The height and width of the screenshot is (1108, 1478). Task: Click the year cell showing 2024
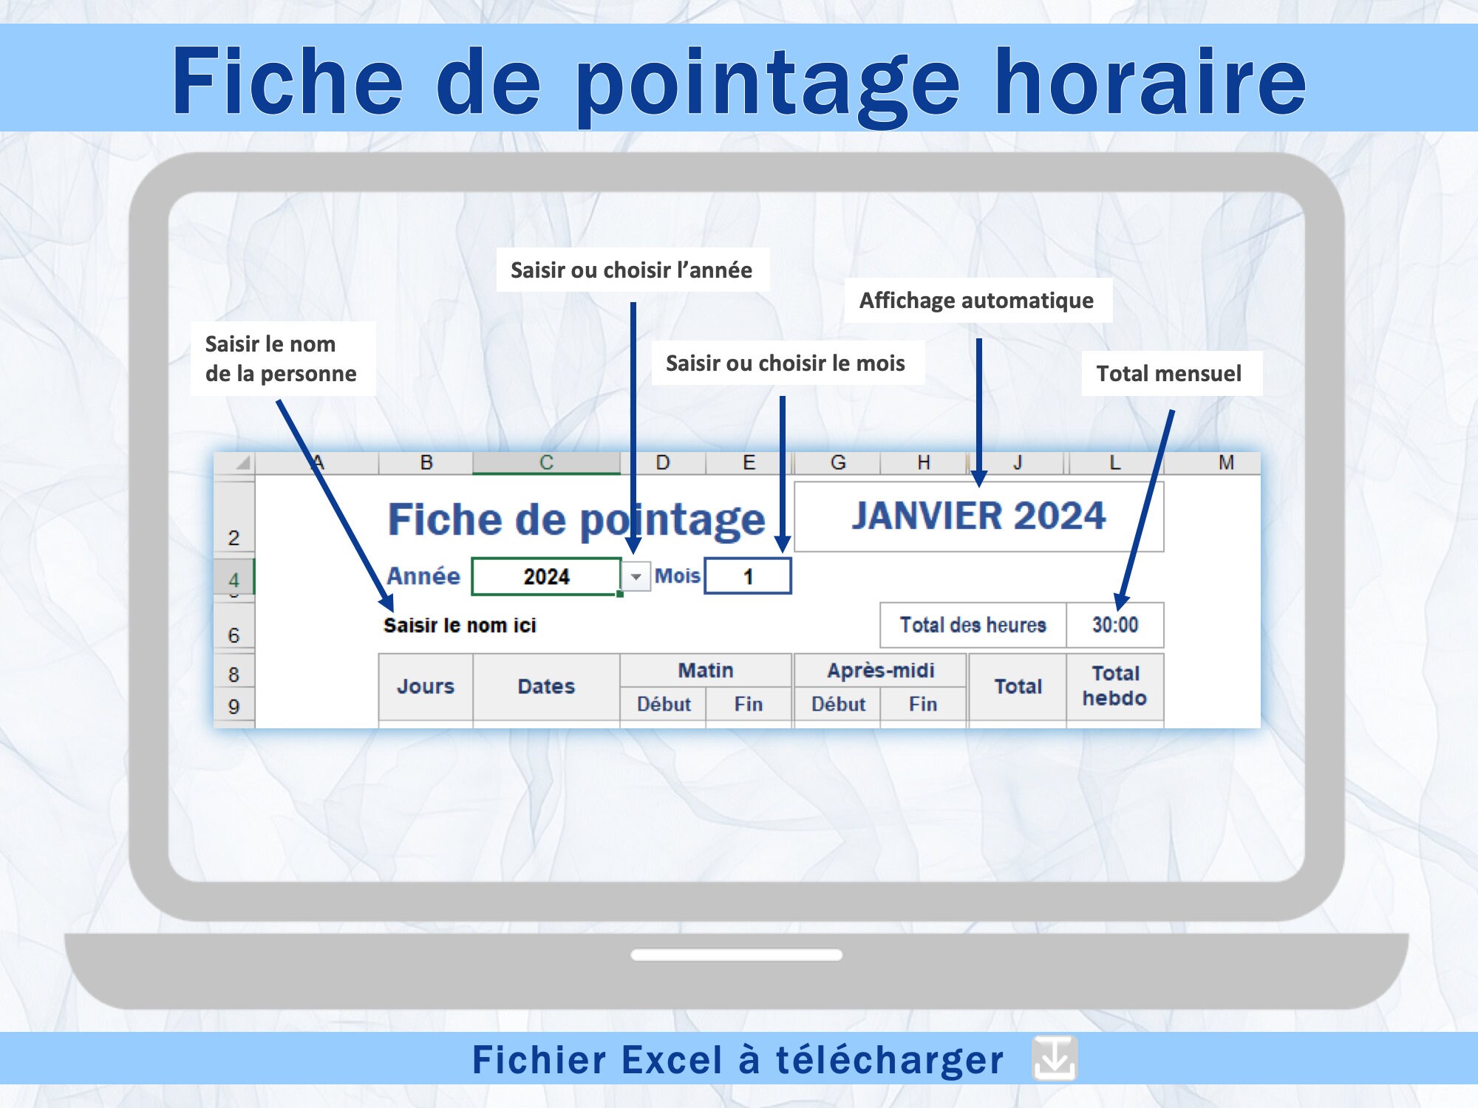click(x=546, y=576)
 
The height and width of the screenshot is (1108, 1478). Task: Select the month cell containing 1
click(x=748, y=576)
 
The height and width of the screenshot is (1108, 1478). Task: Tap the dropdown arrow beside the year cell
click(x=636, y=577)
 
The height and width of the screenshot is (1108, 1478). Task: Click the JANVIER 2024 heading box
click(x=978, y=516)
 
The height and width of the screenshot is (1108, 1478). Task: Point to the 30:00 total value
click(x=1115, y=625)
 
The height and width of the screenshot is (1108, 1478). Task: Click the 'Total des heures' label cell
click(x=973, y=625)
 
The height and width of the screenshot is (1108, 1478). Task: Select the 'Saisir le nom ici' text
click(x=460, y=626)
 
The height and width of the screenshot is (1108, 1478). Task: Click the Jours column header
click(x=426, y=687)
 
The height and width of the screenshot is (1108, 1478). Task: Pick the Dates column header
click(x=546, y=687)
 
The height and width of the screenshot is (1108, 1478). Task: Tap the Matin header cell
click(x=706, y=671)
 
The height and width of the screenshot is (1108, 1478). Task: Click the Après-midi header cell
click(x=880, y=671)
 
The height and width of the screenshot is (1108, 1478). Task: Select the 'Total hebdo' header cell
click(x=1115, y=686)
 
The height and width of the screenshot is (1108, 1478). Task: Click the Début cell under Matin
click(x=664, y=704)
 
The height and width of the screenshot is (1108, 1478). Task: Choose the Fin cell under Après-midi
click(x=923, y=704)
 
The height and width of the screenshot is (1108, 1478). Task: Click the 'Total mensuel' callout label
click(x=1169, y=374)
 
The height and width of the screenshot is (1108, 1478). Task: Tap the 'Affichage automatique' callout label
click(x=977, y=301)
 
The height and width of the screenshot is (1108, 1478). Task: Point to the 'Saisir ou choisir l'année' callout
click(x=632, y=270)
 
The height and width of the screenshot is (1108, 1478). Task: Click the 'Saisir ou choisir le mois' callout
click(x=786, y=363)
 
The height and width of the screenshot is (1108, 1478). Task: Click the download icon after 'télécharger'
click(x=1055, y=1058)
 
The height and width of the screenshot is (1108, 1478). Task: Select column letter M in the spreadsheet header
click(x=1226, y=463)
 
